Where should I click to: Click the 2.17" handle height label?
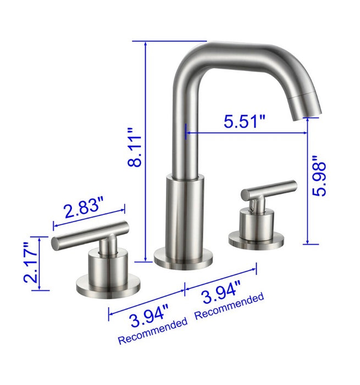(31, 264)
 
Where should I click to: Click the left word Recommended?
(152, 332)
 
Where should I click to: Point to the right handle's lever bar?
(269, 189)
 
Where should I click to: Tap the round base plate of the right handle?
(257, 239)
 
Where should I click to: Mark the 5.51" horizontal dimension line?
(246, 133)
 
